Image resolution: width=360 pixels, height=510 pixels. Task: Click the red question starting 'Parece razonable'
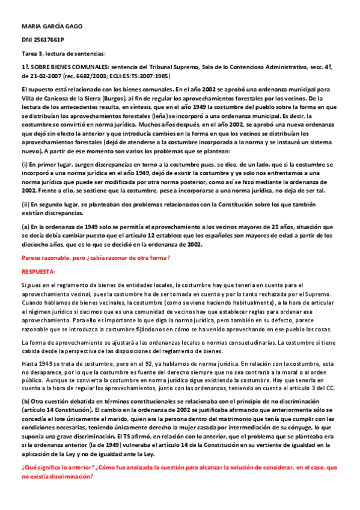96,258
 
